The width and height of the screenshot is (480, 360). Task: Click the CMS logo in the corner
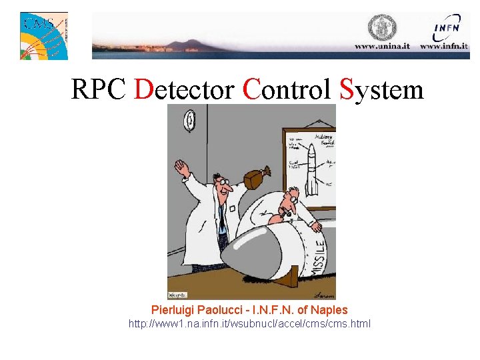click(43, 35)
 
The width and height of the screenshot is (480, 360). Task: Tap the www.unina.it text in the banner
click(383, 47)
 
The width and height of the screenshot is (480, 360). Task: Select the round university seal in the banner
click(383, 27)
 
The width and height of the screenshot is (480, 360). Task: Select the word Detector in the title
click(184, 89)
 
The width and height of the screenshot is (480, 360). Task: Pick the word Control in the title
click(287, 89)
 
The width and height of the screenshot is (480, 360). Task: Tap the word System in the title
click(381, 89)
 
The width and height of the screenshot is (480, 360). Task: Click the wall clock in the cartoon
click(190, 120)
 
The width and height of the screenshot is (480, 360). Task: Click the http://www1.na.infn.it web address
click(249, 324)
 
